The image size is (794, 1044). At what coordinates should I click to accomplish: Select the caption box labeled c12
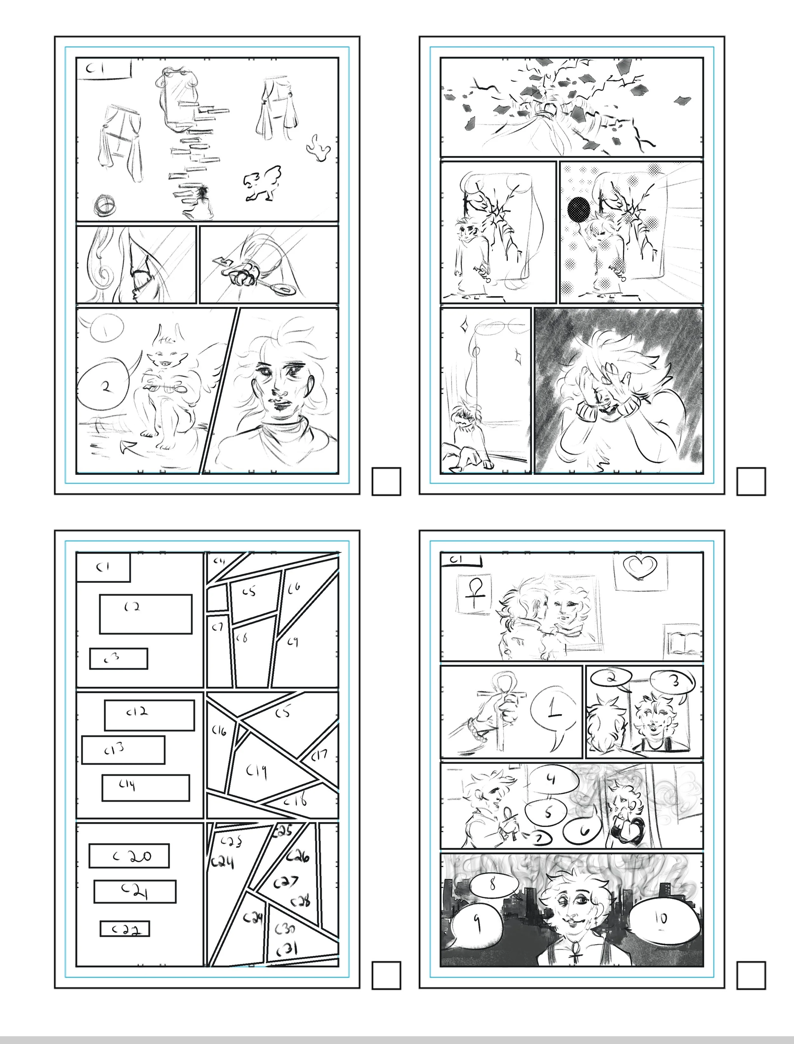point(149,715)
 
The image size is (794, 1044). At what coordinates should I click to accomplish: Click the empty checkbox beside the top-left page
point(386,481)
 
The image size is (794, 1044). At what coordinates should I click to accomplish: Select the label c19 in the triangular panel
point(257,772)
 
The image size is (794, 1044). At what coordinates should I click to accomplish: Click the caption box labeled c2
point(145,614)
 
